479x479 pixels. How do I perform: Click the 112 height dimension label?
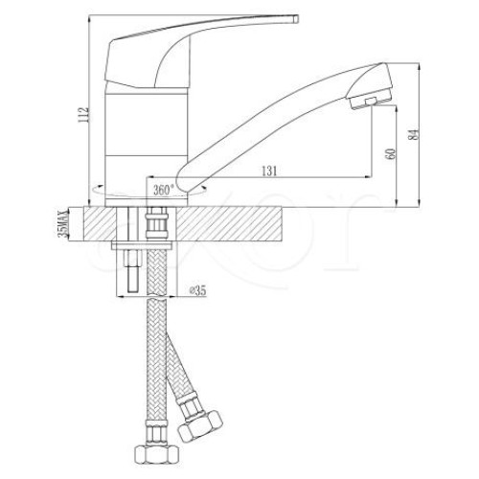84,115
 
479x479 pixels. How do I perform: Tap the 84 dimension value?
414,135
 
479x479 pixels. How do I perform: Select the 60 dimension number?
391,154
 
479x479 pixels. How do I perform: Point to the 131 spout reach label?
269,171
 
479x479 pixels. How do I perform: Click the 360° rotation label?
164,190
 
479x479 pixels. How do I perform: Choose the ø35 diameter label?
197,290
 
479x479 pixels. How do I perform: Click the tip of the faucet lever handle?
297,19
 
